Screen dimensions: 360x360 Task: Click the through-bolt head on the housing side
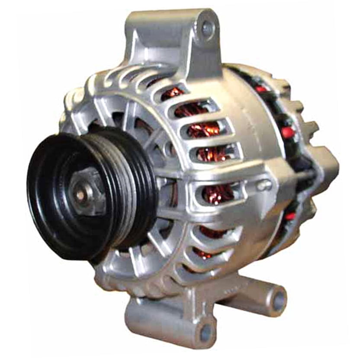point(263,185)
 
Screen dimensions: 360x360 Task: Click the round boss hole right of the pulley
point(169,149)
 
